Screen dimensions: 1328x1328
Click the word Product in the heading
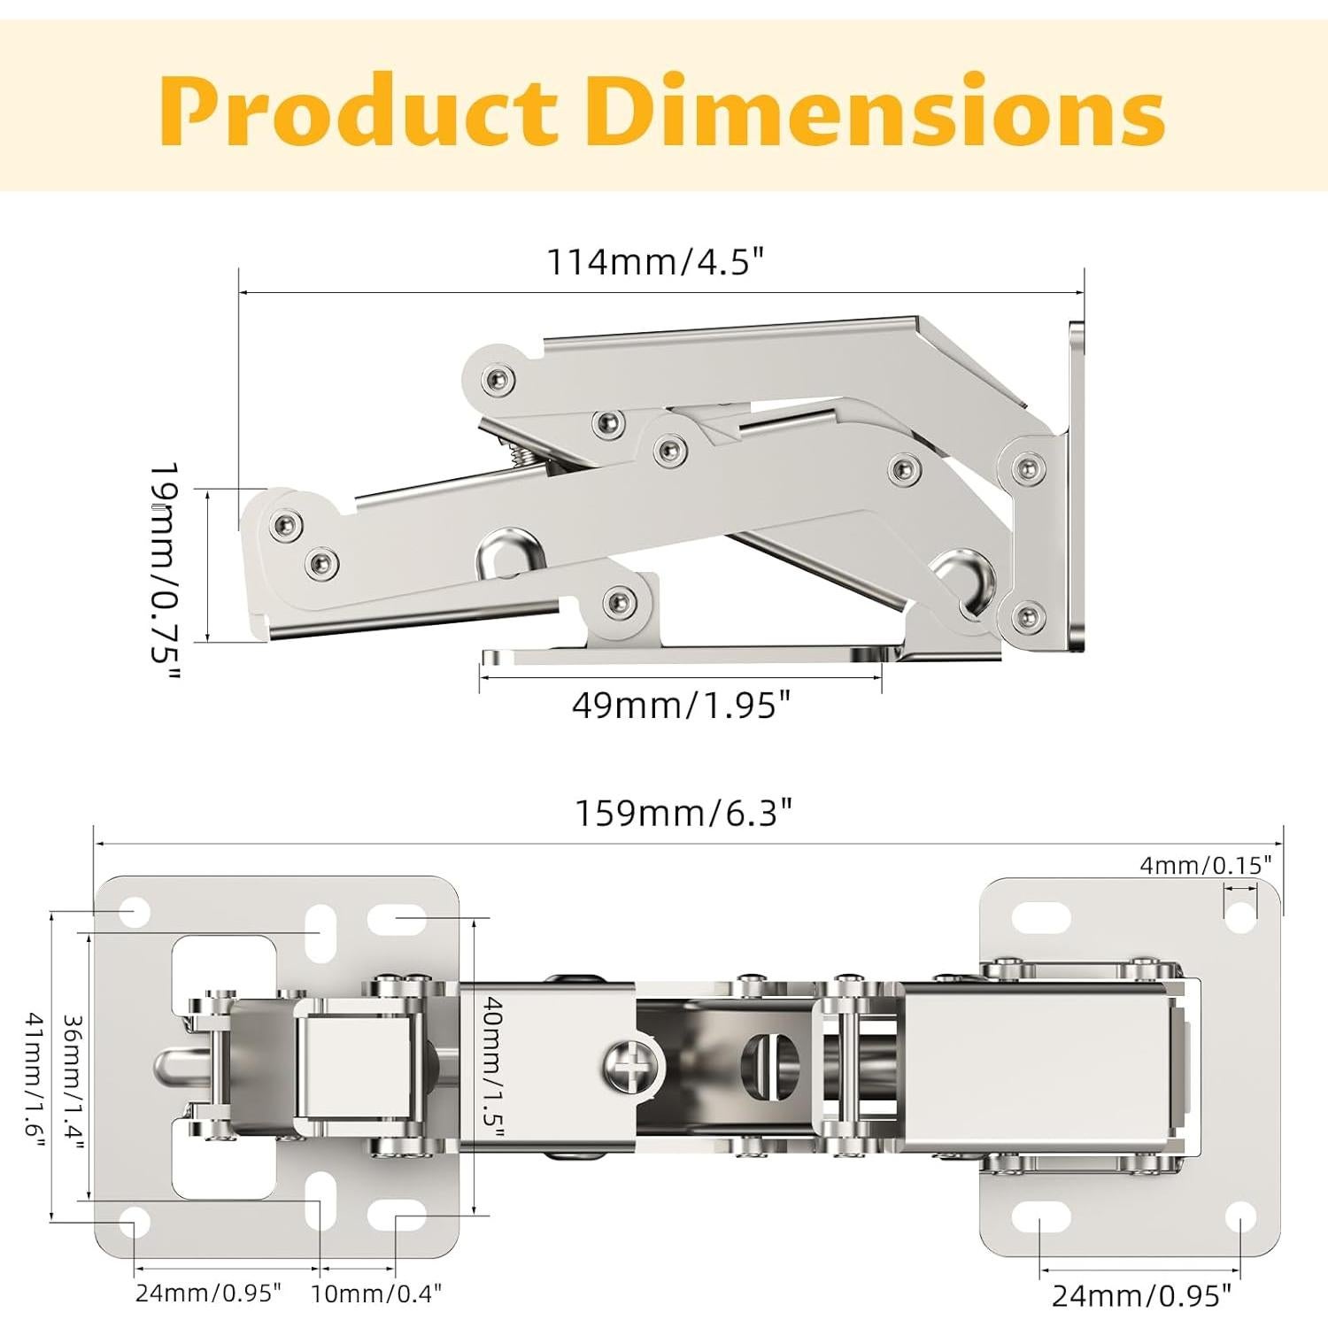tap(358, 111)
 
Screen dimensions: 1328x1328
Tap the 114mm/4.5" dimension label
tap(655, 262)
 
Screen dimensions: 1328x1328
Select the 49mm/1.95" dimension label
tap(681, 705)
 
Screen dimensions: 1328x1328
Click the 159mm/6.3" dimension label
tap(683, 812)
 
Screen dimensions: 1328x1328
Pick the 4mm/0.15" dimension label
tap(1206, 865)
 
